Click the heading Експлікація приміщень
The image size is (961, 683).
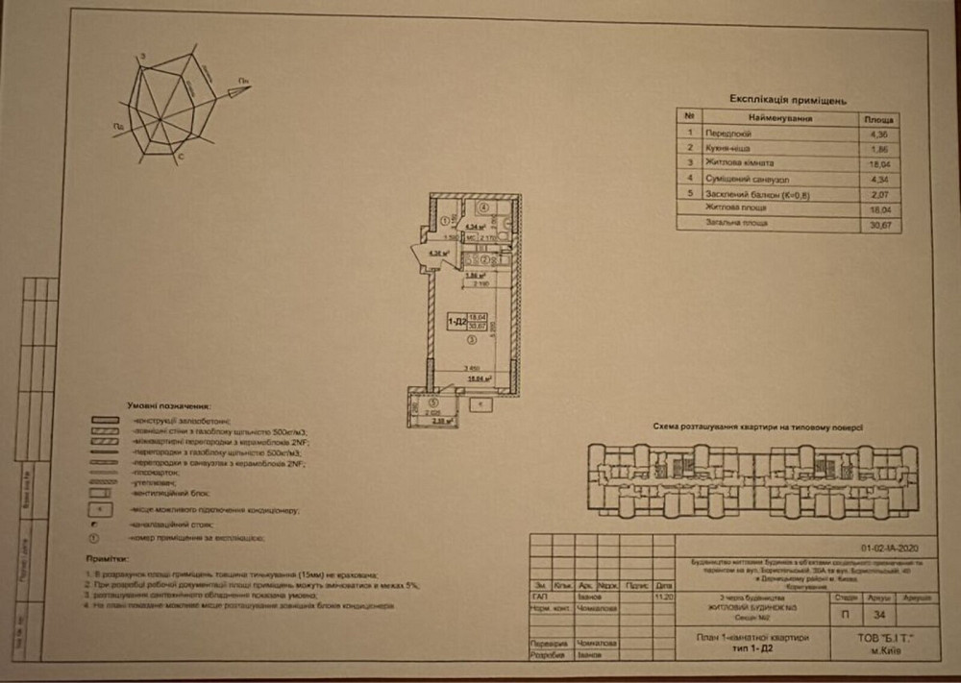point(787,99)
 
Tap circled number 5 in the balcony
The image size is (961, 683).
point(432,402)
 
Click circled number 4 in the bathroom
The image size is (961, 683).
point(485,207)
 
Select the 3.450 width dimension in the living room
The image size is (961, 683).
point(472,369)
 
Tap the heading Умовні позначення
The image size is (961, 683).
point(169,407)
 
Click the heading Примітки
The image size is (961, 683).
point(105,558)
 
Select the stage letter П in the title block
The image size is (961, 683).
point(843,615)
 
